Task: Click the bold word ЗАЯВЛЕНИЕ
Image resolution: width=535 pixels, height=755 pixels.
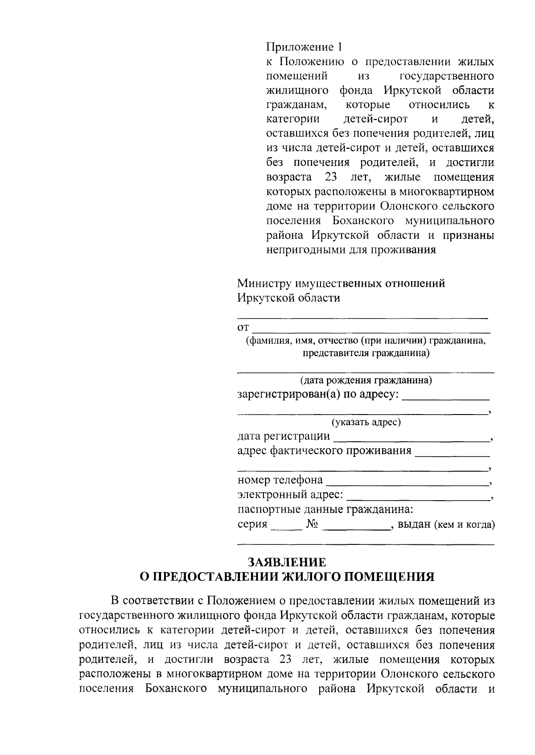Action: point(287,562)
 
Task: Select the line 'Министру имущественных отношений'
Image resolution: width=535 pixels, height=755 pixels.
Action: point(341,283)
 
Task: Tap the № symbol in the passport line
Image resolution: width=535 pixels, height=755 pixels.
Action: point(312,524)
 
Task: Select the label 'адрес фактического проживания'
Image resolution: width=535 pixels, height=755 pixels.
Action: point(324,451)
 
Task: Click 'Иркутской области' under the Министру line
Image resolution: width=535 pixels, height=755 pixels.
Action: point(288,298)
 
